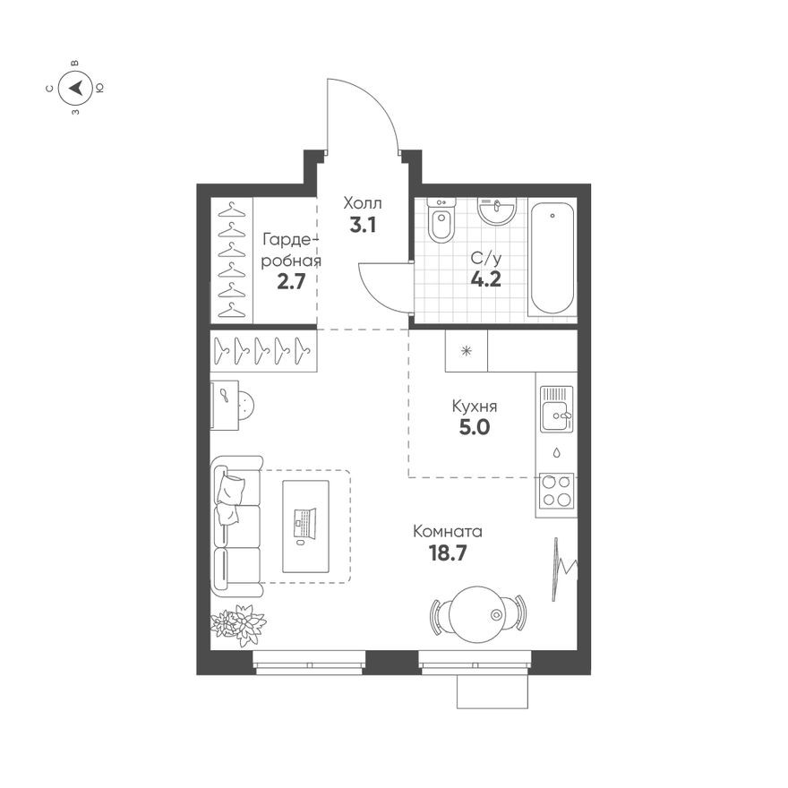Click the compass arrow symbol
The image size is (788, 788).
pos(76,88)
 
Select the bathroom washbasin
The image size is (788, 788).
pos(496,210)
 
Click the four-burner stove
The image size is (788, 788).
pos(556,491)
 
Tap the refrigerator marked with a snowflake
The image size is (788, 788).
pos(466,350)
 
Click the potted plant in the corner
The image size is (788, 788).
pos(238,623)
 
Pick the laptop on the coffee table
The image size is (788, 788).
pos(304,524)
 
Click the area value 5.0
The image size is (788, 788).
pos(475,427)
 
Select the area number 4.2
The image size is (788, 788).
pos(485,278)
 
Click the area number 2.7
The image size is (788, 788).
pos(291,282)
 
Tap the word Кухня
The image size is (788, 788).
pos(475,407)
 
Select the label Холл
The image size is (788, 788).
pos(362,204)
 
